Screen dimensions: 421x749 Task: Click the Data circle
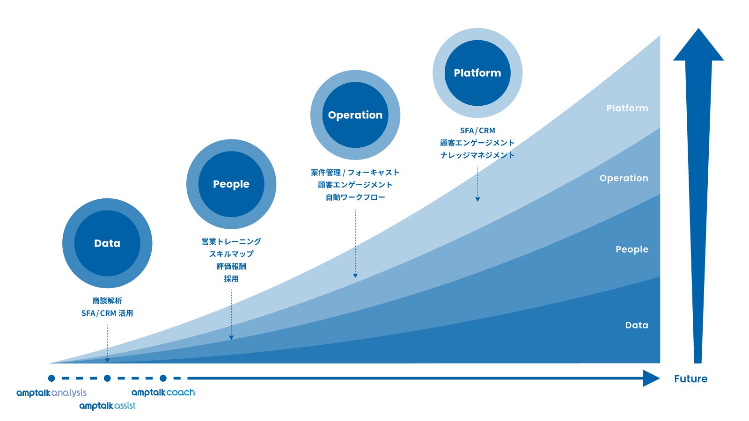[x=107, y=243]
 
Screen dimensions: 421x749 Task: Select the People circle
[x=231, y=184]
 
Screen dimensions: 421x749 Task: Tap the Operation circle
[x=355, y=115]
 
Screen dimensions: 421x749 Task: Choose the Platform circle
[x=477, y=73]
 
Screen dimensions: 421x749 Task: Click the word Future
[x=690, y=379]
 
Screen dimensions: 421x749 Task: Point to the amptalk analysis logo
[x=51, y=393]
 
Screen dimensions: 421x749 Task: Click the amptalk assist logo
[x=107, y=406]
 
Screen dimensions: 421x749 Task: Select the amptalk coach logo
[x=163, y=392]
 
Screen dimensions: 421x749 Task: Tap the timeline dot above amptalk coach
[x=163, y=378]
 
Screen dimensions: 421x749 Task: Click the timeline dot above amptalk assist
[x=107, y=378]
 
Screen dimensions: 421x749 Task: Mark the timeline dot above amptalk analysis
[x=51, y=378]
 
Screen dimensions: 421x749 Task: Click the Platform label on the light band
[x=627, y=108]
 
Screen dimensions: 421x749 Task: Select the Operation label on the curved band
[x=624, y=178]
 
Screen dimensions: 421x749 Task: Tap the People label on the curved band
[x=632, y=249]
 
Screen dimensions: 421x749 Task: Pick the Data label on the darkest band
[x=637, y=325]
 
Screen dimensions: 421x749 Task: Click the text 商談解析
[x=107, y=301]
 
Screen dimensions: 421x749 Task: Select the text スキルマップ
[x=231, y=254]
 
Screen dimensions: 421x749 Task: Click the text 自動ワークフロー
[x=355, y=197]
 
